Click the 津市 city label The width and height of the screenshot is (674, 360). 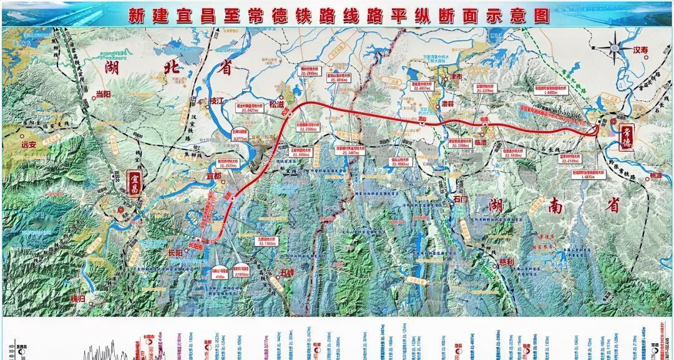coord(456,76)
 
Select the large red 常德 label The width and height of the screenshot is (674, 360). coord(626,137)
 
